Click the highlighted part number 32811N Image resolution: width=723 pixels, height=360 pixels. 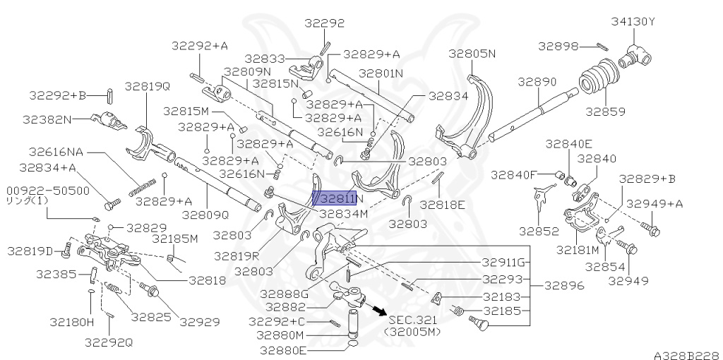click(x=335, y=200)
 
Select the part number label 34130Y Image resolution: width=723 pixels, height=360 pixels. click(x=633, y=21)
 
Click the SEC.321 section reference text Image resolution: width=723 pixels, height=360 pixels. click(x=412, y=320)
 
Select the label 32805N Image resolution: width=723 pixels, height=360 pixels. click(x=472, y=53)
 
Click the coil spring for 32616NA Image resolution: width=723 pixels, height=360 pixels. click(x=141, y=186)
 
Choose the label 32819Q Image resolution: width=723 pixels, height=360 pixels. click(x=148, y=86)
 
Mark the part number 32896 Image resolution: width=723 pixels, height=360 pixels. click(x=556, y=287)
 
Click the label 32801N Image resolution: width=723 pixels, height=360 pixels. click(x=381, y=73)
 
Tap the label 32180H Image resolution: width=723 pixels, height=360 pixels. click(x=71, y=322)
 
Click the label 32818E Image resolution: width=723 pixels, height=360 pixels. click(x=443, y=205)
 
